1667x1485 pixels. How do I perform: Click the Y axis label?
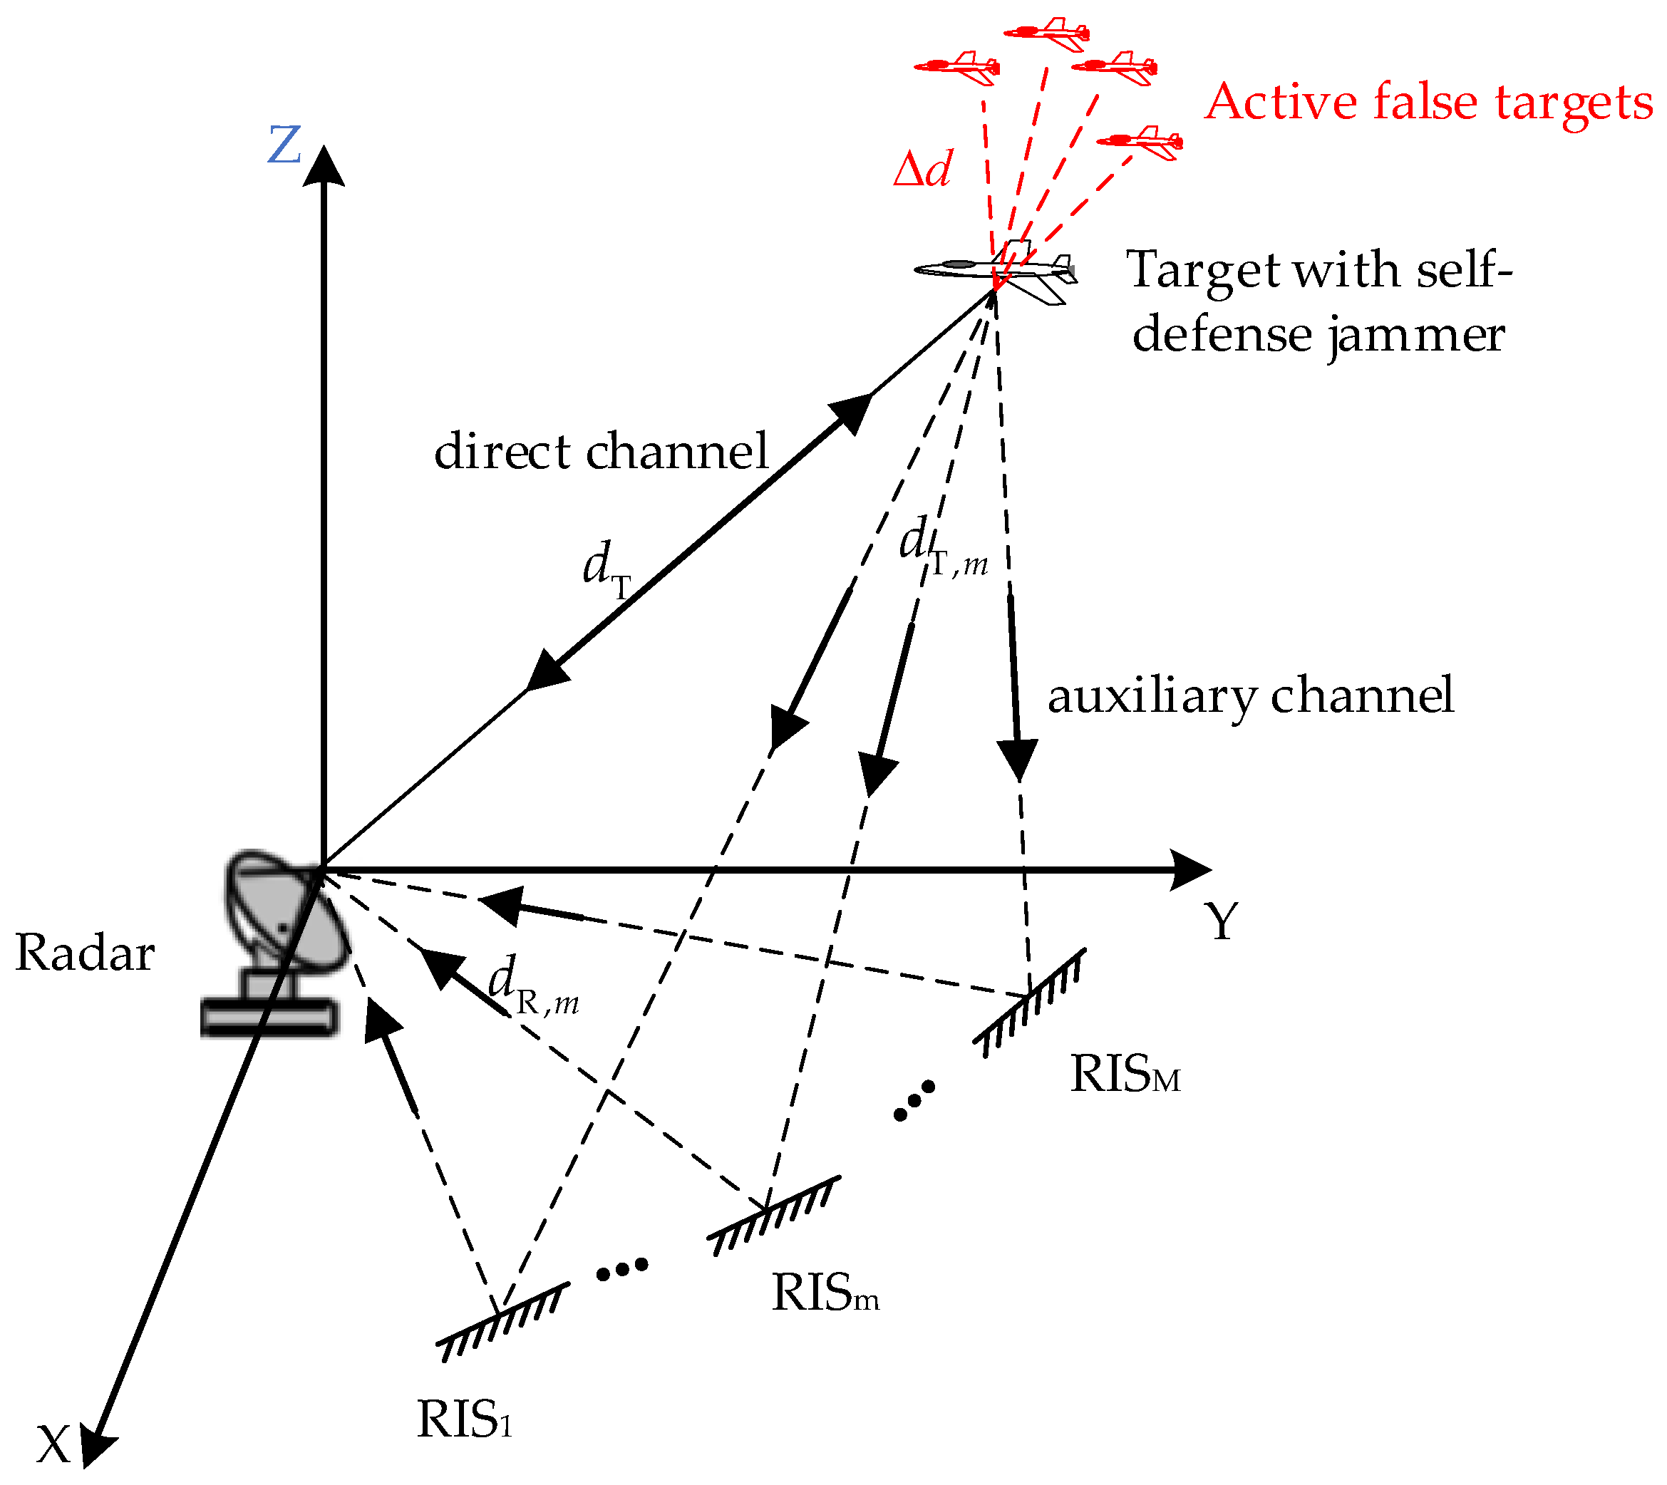1222,921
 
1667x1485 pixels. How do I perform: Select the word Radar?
85,952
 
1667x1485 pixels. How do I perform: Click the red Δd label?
922,169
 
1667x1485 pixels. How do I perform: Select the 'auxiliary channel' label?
1250,695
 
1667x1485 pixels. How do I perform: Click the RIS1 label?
463,1419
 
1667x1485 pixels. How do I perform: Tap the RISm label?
824,1293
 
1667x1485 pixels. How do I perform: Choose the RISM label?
1125,1074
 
